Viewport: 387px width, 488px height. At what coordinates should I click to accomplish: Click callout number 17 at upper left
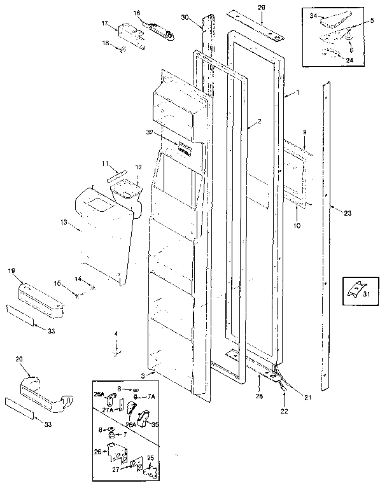[x=105, y=24]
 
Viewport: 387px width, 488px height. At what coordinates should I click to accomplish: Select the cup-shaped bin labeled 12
[x=125, y=190]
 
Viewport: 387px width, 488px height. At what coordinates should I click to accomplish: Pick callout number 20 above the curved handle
[x=19, y=359]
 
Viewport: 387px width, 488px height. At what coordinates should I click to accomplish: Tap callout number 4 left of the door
[x=116, y=333]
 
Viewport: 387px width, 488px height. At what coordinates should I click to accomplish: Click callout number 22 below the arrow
[x=283, y=411]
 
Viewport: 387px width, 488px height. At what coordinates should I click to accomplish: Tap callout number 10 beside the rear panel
[x=297, y=225]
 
